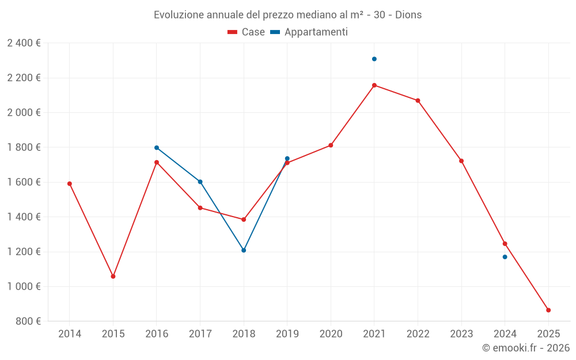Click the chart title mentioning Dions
click(x=287, y=14)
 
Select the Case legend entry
click(x=246, y=32)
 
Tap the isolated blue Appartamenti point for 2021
click(x=374, y=59)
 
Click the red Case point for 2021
click(x=374, y=85)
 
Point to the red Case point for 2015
click(x=113, y=276)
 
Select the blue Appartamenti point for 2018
click(x=244, y=251)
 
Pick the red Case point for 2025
click(x=548, y=310)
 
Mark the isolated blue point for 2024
click(x=505, y=257)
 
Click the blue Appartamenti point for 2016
click(x=157, y=147)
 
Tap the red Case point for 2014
click(x=70, y=184)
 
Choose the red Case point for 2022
click(x=418, y=101)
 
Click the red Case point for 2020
click(x=331, y=145)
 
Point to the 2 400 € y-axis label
click(x=24, y=43)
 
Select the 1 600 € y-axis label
click(x=24, y=182)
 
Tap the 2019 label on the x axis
click(x=287, y=334)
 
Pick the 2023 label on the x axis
click(x=461, y=334)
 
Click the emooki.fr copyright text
click(x=526, y=348)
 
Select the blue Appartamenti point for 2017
click(x=200, y=181)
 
